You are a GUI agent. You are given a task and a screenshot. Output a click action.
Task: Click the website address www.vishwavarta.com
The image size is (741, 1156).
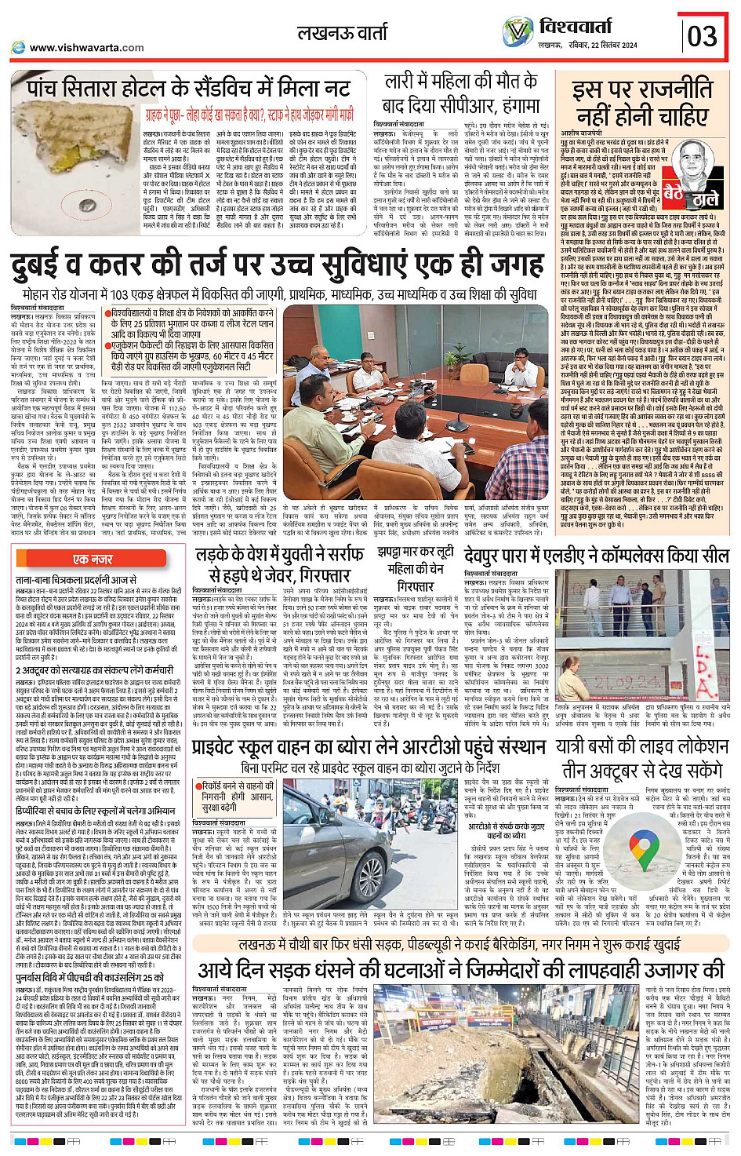[86, 47]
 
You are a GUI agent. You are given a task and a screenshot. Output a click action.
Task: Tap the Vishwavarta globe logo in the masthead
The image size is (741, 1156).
[518, 33]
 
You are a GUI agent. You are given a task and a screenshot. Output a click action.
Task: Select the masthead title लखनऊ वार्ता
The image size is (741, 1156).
[343, 33]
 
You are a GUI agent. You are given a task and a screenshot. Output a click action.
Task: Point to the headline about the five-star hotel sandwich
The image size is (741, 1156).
[188, 88]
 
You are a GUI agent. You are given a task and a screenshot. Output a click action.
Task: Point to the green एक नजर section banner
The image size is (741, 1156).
[93, 559]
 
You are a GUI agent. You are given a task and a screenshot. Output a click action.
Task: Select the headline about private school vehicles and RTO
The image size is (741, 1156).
[369, 748]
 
